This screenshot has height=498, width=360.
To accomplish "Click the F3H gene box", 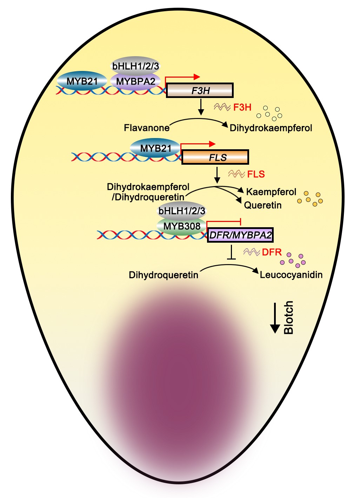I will (x=200, y=91).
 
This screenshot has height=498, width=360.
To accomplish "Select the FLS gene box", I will (x=215, y=157).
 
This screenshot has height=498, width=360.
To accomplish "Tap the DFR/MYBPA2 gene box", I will (x=240, y=235).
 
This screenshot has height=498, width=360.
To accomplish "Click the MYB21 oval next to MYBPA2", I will (x=82, y=81).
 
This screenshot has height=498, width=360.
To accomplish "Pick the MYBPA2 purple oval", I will (x=135, y=81).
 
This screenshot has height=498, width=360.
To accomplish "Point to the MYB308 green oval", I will (x=181, y=226).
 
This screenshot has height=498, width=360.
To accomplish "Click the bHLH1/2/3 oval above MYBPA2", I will (x=135, y=66).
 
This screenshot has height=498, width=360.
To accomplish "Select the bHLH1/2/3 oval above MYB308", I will (x=181, y=211).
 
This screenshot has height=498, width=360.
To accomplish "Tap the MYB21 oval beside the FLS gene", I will (x=155, y=148).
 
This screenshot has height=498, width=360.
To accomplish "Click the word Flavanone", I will (x=147, y=127).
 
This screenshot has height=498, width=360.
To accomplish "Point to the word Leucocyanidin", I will (x=291, y=275).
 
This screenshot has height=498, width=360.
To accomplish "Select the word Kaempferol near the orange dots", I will (x=271, y=192).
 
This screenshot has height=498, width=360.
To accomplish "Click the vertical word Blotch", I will (x=288, y=317).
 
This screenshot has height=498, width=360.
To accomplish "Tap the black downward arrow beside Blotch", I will (x=275, y=317).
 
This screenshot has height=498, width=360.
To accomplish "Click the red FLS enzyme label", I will (x=256, y=174).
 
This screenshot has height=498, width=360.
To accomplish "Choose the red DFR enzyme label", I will (x=272, y=252).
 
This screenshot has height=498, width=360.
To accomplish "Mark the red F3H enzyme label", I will (x=242, y=107).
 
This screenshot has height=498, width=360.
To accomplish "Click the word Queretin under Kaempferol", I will (x=263, y=205).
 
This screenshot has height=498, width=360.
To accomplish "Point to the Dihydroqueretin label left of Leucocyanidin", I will (x=164, y=275).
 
